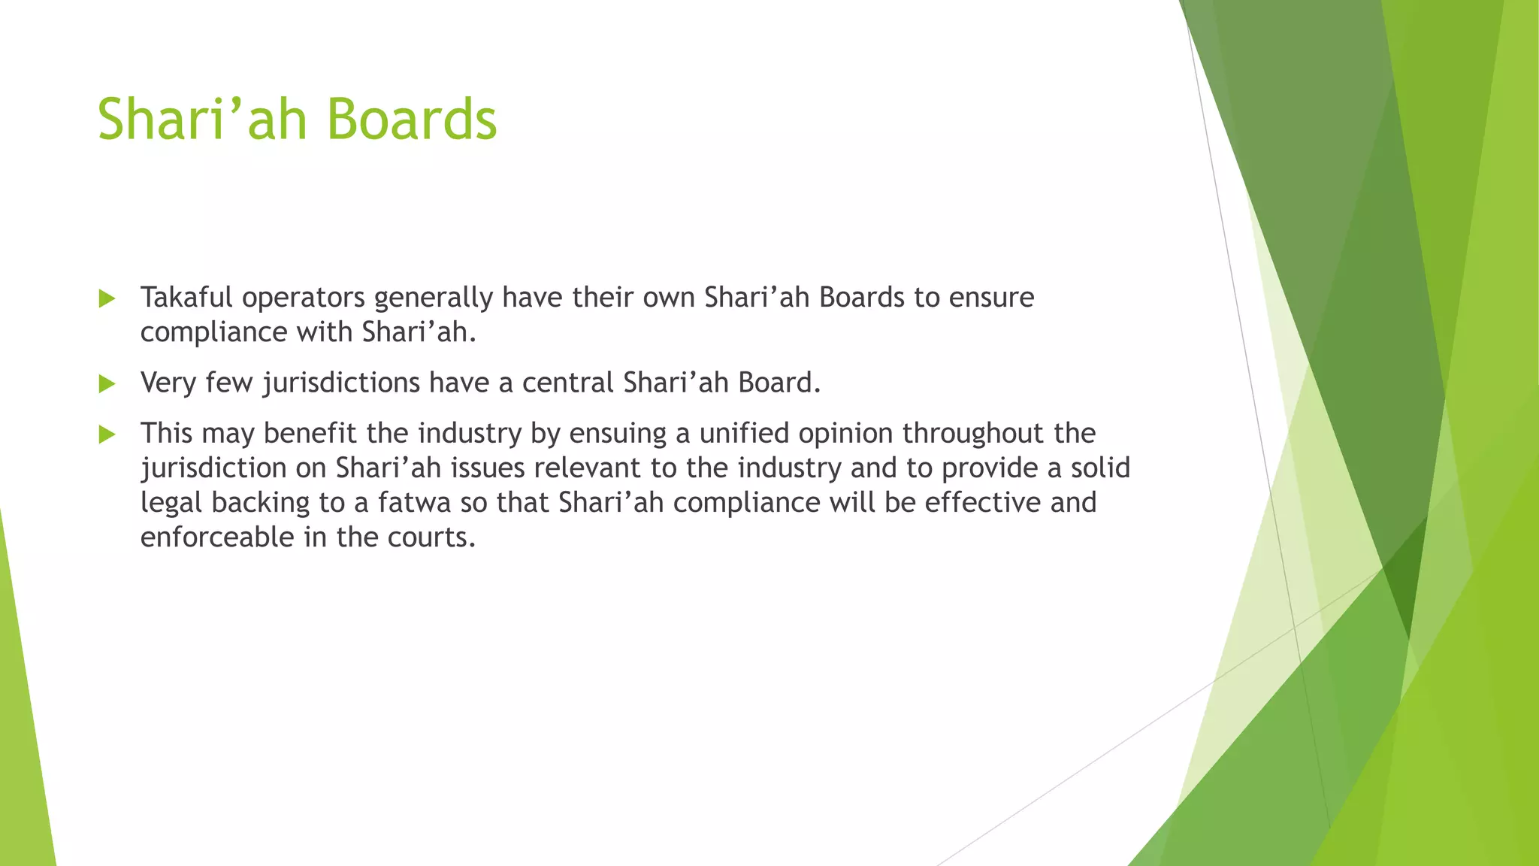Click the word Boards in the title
coord(412,120)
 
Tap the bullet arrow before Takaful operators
coord(107,299)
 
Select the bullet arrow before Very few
coord(107,384)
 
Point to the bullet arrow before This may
coord(107,435)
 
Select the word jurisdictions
coord(341,383)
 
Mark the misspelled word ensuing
coord(618,434)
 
